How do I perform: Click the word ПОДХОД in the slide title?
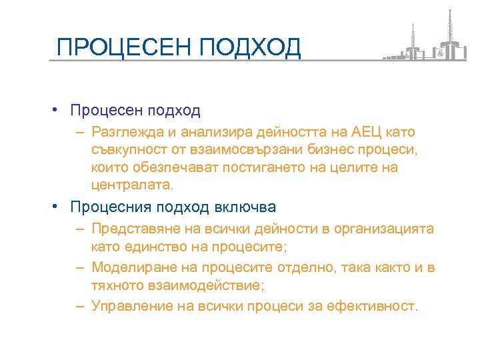pos(250,47)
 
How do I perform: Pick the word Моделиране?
pos(132,268)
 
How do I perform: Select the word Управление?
pos(131,307)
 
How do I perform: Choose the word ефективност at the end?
pos(378,307)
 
